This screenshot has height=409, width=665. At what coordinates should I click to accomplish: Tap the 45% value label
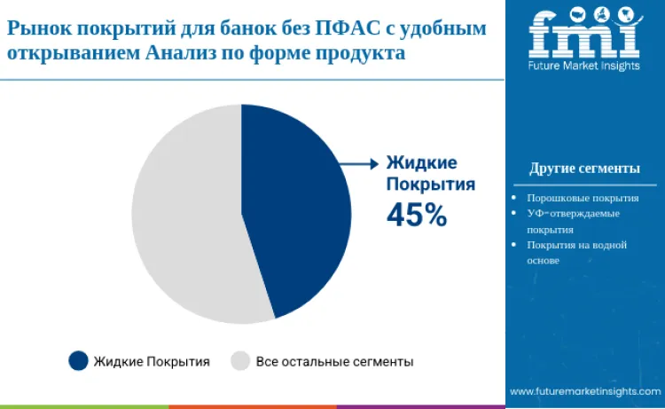[x=416, y=214]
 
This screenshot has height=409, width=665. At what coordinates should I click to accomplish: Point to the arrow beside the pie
[x=359, y=163]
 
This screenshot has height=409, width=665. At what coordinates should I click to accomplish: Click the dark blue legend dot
[x=78, y=361]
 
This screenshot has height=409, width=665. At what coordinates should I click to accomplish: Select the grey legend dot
[x=240, y=361]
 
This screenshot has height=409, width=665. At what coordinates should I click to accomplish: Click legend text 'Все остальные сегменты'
[x=334, y=361]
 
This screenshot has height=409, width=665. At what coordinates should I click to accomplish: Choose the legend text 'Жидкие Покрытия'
[x=152, y=361]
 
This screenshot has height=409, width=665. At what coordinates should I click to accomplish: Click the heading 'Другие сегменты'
[x=584, y=169]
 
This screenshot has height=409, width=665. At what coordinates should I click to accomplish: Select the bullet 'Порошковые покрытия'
[x=583, y=199]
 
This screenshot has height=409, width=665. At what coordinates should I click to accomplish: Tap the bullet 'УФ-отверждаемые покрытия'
[x=573, y=221]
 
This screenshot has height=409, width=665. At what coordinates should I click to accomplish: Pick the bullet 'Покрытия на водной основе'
[x=576, y=252]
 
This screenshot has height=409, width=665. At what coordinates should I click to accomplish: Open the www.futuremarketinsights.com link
[x=584, y=391]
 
